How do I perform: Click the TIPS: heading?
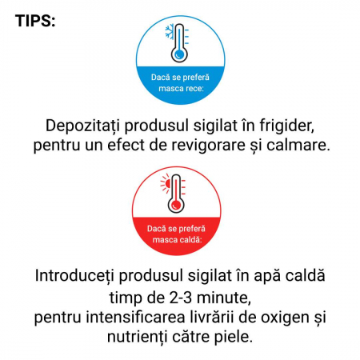click(x=35, y=21)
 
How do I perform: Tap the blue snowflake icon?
click(x=170, y=32)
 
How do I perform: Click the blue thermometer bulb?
click(x=179, y=54)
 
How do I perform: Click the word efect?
click(x=126, y=145)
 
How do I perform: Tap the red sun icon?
click(x=166, y=183)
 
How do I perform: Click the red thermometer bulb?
click(x=176, y=205)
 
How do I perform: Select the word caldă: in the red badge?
click(x=190, y=240)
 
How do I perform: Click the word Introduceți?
click(x=74, y=276)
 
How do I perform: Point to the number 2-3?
click(x=181, y=298)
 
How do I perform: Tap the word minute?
click(x=224, y=298)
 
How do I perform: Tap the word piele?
click(x=234, y=338)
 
